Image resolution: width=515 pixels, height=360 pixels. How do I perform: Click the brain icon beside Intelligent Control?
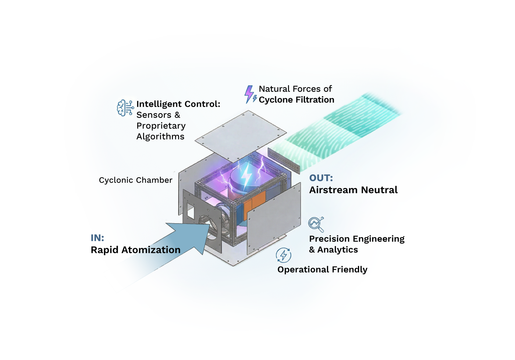125,108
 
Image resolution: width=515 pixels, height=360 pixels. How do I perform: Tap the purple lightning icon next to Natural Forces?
250,94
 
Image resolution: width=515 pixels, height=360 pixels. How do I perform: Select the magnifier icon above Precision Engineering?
316,224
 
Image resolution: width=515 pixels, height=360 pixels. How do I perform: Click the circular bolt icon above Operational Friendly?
284,255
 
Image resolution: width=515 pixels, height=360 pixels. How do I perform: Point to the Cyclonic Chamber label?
135,180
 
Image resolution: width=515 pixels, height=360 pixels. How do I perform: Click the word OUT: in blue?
321,178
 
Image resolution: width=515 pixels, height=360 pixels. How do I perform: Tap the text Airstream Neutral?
353,190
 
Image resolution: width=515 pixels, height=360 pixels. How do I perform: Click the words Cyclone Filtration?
296,100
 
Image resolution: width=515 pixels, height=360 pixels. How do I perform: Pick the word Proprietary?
161,126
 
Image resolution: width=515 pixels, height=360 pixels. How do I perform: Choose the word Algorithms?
160,137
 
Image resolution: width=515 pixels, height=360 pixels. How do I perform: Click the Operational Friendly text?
322,270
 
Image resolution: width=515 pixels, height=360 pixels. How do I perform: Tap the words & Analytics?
333,250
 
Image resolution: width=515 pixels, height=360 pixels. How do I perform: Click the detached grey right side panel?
274,221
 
